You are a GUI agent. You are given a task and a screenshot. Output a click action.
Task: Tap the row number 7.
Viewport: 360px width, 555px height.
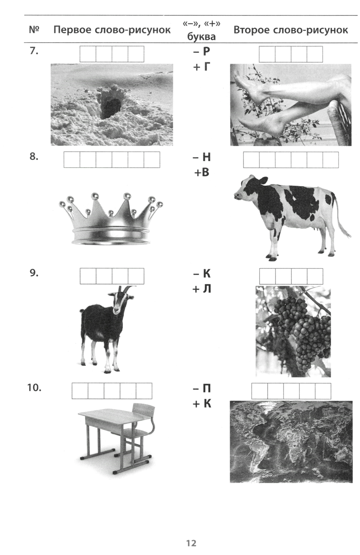34,51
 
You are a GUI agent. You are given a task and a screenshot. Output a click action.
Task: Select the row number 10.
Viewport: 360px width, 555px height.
34,388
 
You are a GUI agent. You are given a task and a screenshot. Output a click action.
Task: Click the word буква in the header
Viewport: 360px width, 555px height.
202,37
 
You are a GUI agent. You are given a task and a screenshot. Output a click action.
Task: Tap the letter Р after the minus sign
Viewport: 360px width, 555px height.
206,51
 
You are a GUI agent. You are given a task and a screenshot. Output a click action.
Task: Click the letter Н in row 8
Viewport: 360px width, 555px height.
207,157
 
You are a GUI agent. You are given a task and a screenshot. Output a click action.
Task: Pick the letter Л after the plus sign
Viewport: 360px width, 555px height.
207,289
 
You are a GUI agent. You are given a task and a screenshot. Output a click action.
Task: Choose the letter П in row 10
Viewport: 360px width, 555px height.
207,388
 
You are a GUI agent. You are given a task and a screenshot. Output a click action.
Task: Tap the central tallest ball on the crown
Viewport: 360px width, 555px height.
95,196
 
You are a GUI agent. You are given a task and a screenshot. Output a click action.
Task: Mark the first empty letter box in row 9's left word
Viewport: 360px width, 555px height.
88,276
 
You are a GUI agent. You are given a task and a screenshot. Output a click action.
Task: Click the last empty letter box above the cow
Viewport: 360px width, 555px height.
331,160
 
